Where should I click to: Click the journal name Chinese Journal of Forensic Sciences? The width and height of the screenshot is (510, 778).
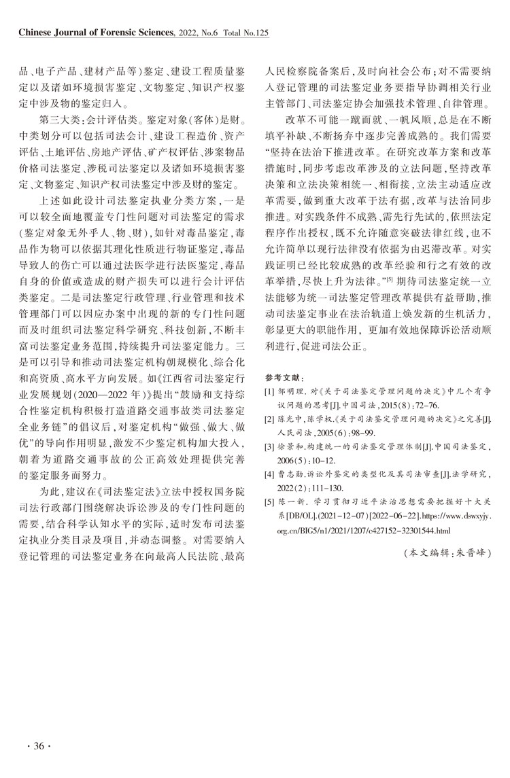95,32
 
